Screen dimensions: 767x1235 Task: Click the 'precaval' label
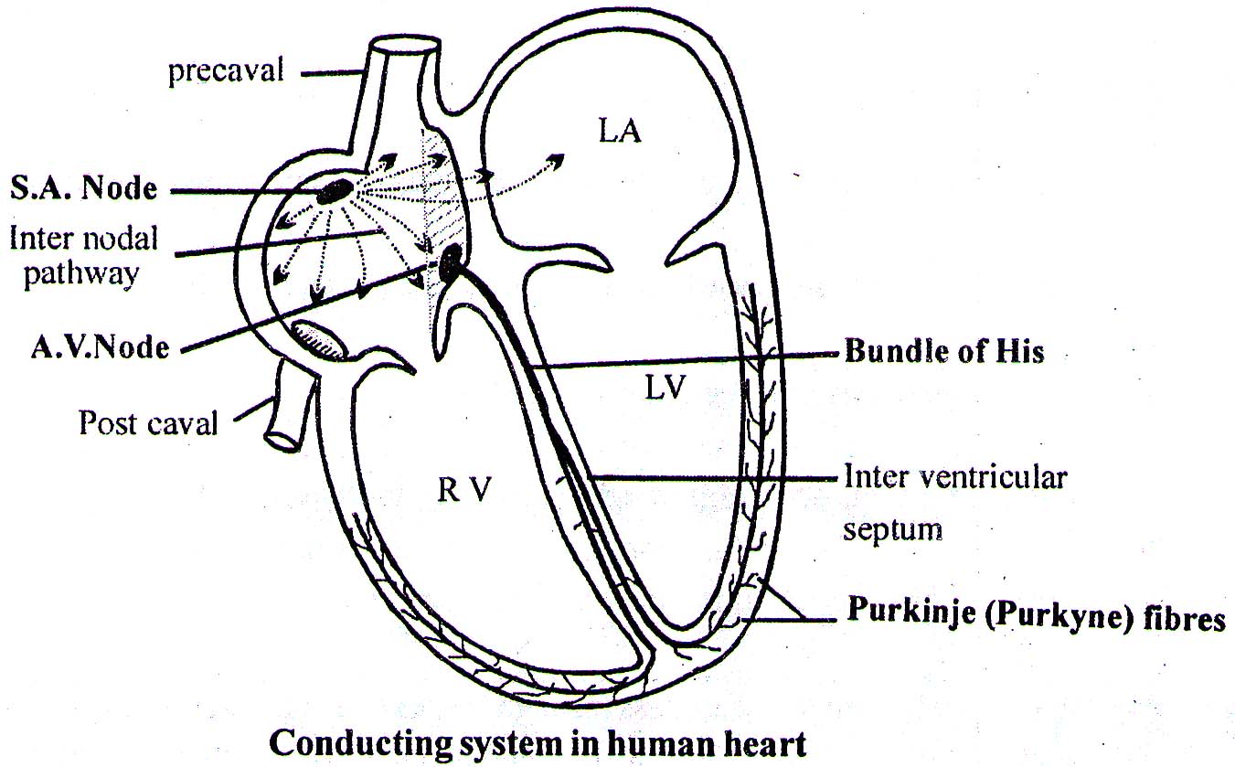click(226, 71)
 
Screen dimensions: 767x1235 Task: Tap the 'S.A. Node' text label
click(84, 189)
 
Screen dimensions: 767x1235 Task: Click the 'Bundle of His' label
click(942, 351)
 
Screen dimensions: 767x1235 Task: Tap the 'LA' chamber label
click(621, 133)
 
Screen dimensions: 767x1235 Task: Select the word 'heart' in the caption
click(764, 742)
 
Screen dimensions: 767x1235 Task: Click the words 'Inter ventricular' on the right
click(954, 476)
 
